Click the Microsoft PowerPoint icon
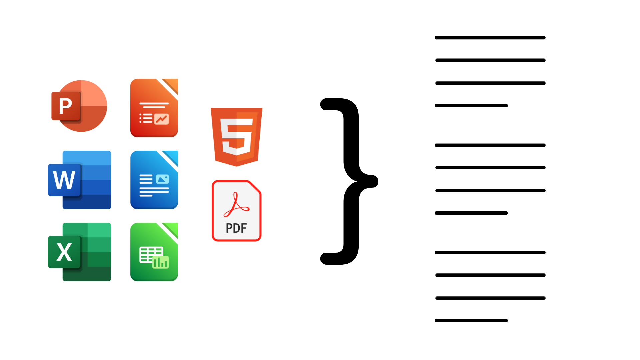coord(80,106)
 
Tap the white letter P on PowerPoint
coord(65,106)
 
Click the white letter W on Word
coord(64,180)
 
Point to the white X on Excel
coord(64,252)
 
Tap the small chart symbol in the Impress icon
coord(162,119)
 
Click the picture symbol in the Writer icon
coord(162,179)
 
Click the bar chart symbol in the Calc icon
coord(161,262)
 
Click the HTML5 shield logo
coord(237,137)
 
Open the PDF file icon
coord(236,211)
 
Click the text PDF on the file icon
coord(236,228)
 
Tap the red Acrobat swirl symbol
coord(236,205)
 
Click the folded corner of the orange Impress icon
coord(172,85)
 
